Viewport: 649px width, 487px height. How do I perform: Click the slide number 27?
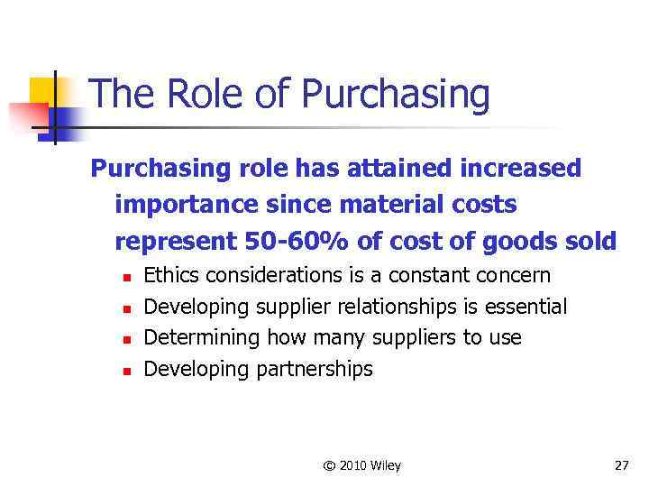621,465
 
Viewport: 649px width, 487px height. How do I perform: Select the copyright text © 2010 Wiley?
361,465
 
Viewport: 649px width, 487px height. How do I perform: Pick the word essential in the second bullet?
526,307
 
